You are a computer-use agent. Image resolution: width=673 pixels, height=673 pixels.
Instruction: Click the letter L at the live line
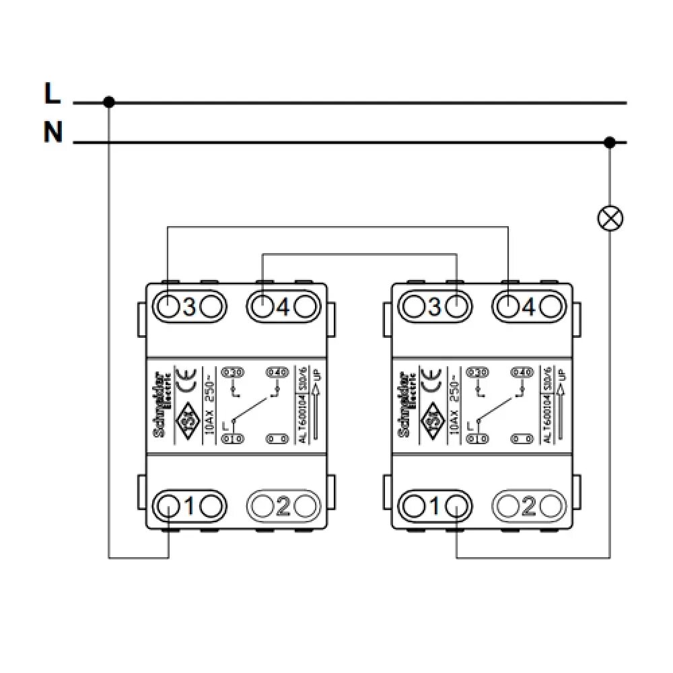point(52,94)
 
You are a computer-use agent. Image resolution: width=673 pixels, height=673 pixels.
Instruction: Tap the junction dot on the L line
point(109,102)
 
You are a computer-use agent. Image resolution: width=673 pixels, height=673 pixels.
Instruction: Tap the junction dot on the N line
point(610,143)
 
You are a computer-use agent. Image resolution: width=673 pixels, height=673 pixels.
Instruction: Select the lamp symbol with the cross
point(610,217)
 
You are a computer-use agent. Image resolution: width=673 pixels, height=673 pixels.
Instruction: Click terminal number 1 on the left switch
point(189,505)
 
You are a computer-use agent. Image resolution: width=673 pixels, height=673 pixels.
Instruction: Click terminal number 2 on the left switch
point(283,505)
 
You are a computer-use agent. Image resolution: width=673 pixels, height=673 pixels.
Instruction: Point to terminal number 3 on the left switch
point(189,307)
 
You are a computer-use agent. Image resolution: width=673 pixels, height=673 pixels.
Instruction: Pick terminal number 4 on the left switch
point(283,307)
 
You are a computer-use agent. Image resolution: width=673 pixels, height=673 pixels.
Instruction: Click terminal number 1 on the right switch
point(434,505)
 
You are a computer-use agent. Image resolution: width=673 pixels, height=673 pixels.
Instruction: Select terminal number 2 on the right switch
point(528,505)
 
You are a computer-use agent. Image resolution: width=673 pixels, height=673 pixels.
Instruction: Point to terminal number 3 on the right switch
point(434,307)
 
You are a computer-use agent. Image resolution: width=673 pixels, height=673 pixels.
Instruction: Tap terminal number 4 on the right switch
point(528,307)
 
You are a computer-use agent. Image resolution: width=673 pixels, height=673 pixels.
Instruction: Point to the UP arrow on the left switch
point(315,404)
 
